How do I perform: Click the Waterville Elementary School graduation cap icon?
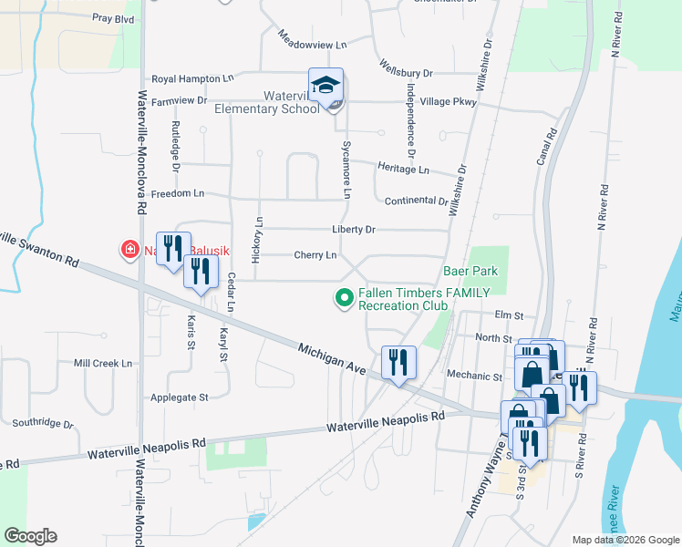click(325, 85)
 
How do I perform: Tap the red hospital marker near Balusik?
click(129, 248)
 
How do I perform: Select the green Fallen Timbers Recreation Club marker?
click(345, 297)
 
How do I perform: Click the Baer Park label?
click(470, 271)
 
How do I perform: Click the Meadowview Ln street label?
click(313, 44)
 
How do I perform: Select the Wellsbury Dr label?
click(407, 72)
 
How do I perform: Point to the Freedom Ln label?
click(177, 194)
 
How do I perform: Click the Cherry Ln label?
click(315, 255)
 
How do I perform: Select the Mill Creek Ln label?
click(103, 363)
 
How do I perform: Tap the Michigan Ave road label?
click(332, 357)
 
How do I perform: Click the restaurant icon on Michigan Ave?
click(398, 362)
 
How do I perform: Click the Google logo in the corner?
click(30, 536)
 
